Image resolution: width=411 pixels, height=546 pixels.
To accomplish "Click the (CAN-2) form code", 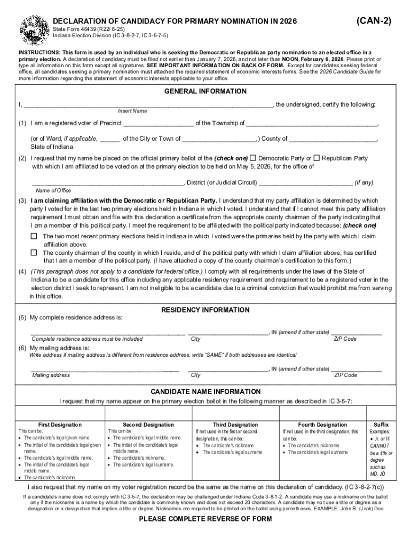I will click(374, 21).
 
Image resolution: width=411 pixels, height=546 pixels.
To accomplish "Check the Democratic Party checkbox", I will click(253, 158).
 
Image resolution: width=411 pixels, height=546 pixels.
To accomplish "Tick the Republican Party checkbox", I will click(317, 158).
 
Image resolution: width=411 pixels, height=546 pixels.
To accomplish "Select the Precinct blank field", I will click(159, 124).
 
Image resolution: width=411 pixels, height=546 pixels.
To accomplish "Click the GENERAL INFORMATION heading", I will click(205, 91).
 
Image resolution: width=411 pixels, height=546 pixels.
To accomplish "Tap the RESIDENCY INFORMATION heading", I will click(205, 310).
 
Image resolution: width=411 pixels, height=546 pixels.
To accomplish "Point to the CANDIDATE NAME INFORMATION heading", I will click(205, 391).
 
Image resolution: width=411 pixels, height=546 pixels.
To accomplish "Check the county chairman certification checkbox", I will click(34, 253).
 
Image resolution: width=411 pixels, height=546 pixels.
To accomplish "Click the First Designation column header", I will click(60, 424).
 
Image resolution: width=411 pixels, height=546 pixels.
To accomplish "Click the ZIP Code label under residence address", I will click(345, 339).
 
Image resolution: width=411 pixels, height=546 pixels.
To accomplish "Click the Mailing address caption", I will click(51, 375).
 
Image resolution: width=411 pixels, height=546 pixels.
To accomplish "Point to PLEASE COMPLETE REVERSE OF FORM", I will click(205, 519).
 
